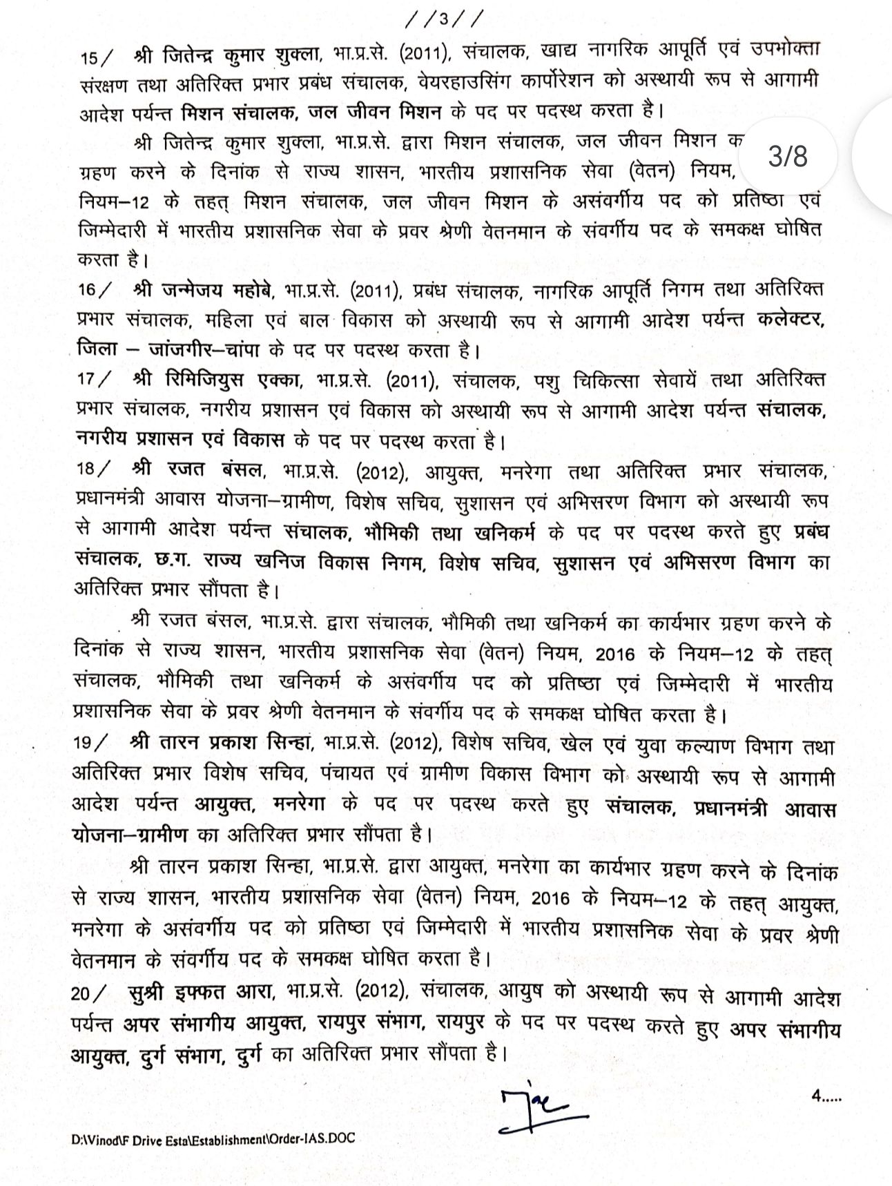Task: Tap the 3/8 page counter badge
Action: coord(787,156)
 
